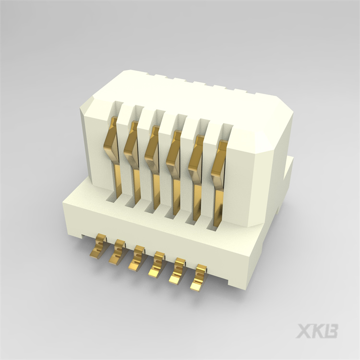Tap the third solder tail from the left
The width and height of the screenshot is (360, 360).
(137, 260)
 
